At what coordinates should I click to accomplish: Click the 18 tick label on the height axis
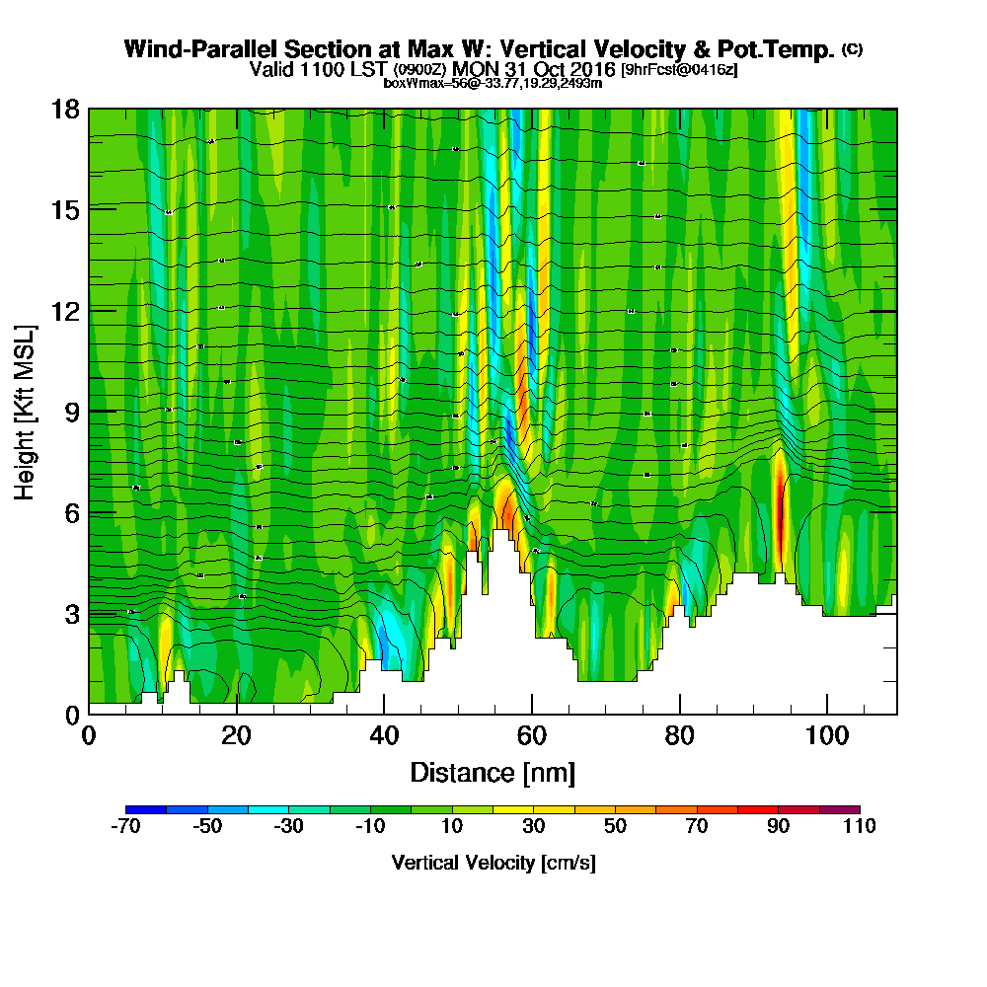click(65, 109)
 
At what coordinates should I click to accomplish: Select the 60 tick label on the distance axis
click(532, 736)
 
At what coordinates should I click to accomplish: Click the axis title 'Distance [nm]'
click(493, 772)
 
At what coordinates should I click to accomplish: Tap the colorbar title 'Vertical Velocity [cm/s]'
click(493, 863)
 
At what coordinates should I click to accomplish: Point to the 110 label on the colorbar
click(859, 827)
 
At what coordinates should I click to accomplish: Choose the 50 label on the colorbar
click(615, 827)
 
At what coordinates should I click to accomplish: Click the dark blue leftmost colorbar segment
click(146, 809)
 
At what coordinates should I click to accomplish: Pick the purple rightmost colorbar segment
click(839, 809)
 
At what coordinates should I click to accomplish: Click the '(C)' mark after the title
click(852, 48)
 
